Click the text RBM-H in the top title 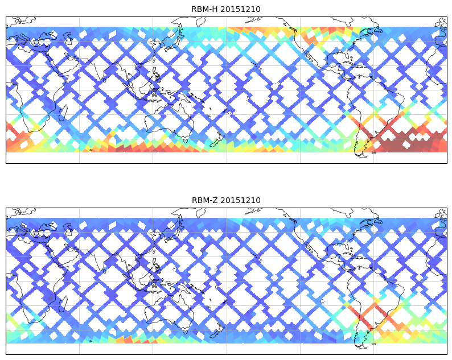(203, 9)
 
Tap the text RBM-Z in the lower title (203, 200)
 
